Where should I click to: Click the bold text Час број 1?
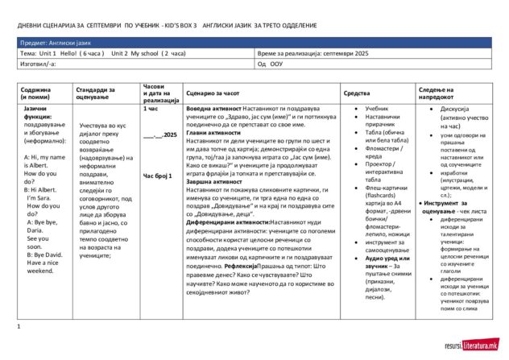click(x=157, y=175)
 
